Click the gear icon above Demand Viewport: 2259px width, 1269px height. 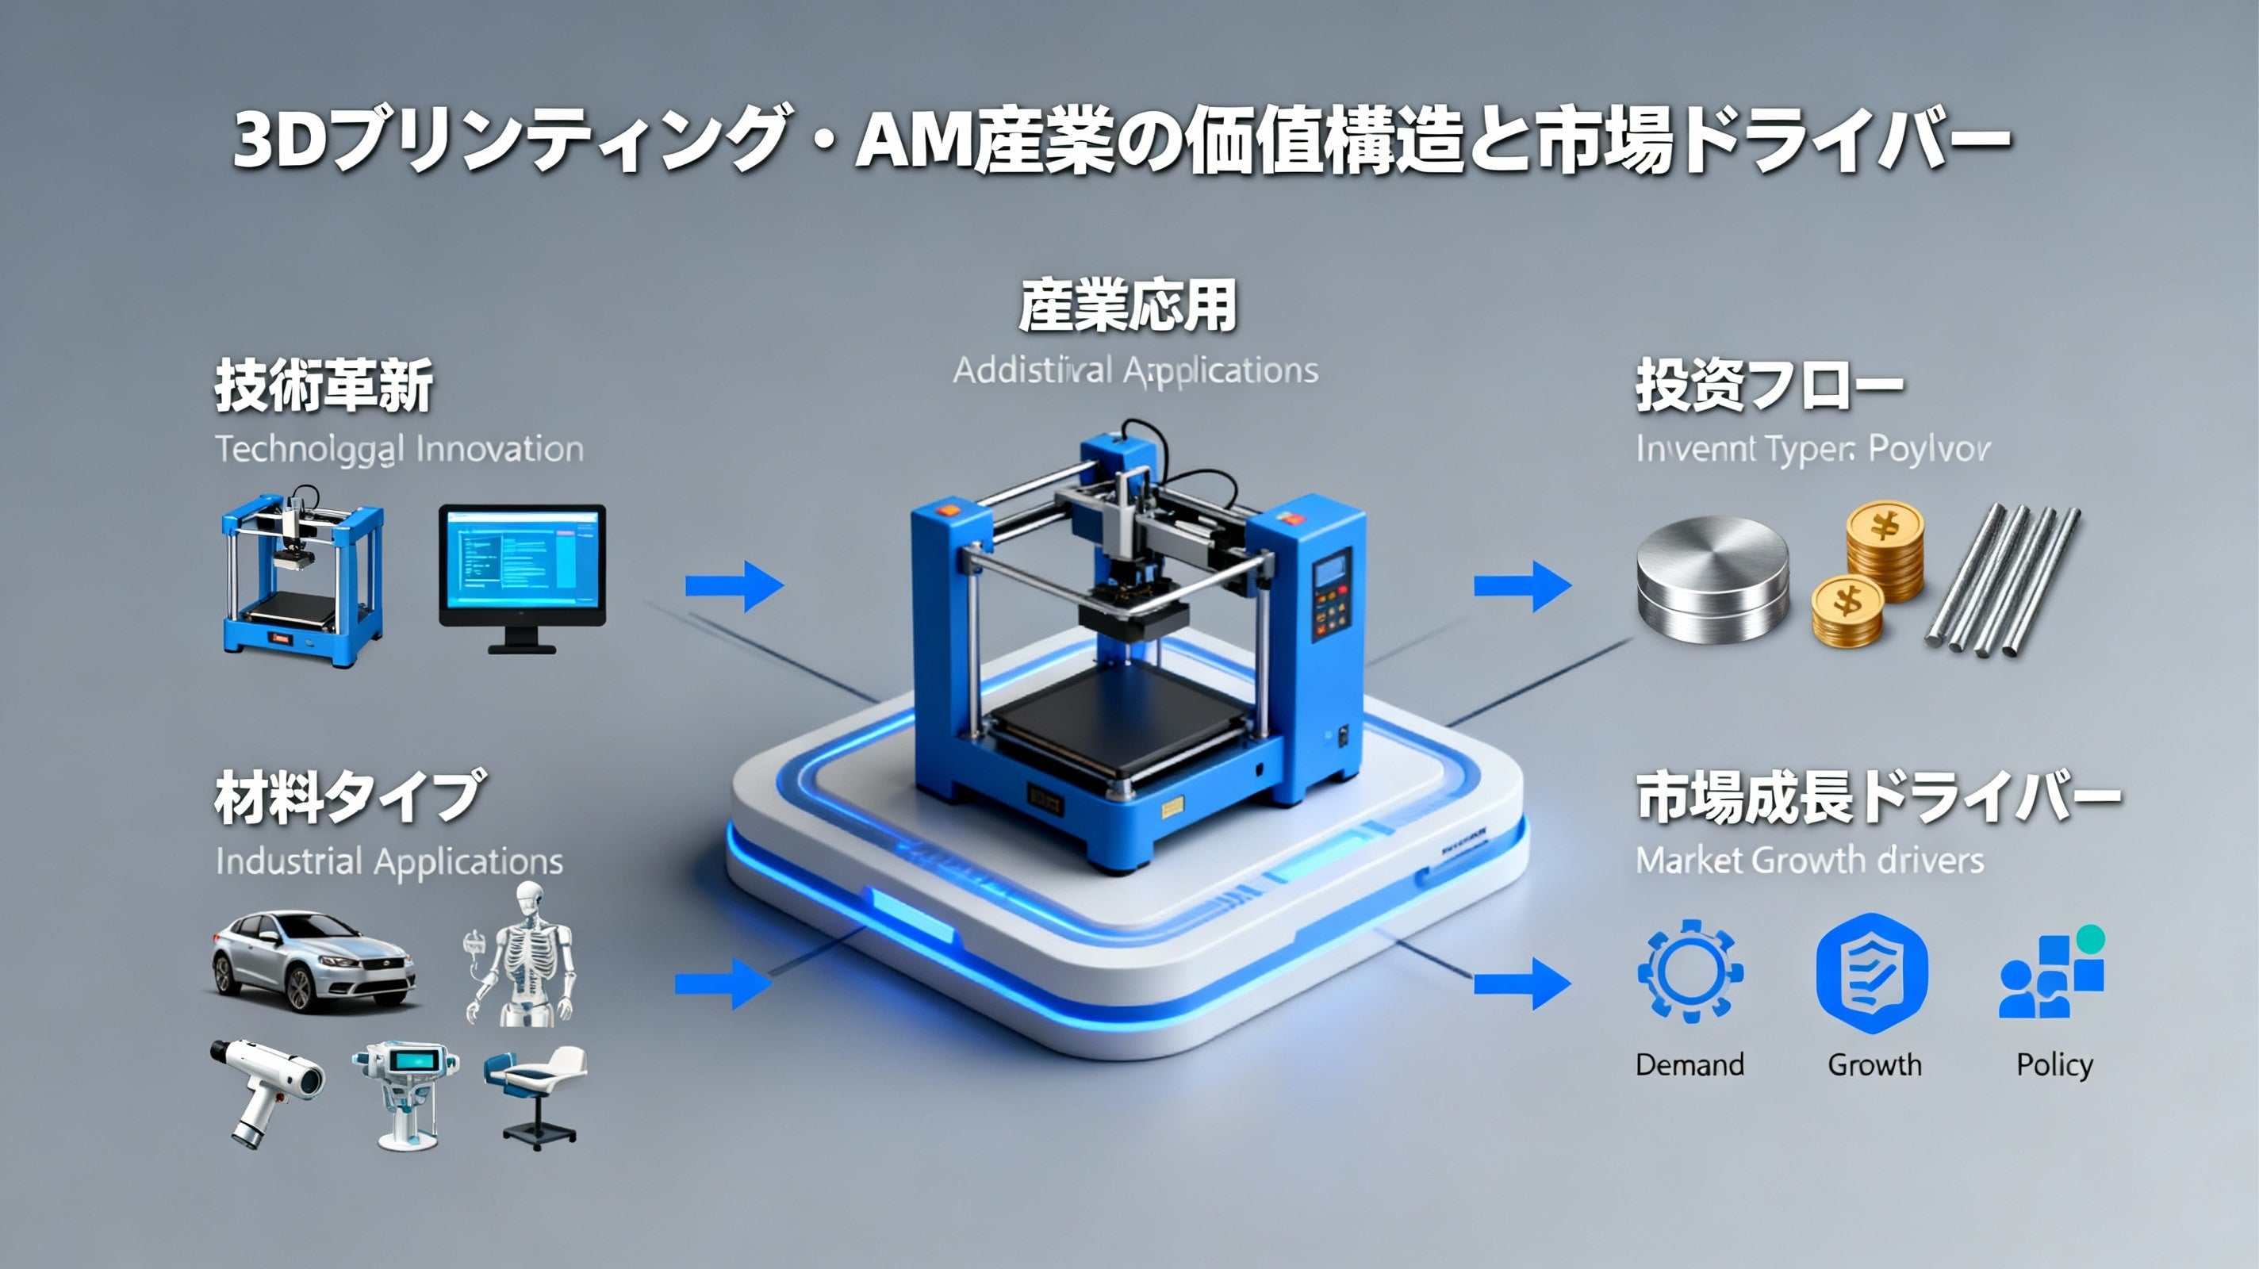coord(1689,971)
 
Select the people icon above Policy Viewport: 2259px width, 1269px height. coord(2050,976)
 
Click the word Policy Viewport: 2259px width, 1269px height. coord(2054,1064)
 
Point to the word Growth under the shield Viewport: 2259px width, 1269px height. coord(1874,1064)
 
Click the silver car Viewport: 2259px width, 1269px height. coord(313,960)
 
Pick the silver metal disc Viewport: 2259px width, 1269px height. coord(1712,578)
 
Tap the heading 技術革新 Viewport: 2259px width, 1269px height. coord(324,386)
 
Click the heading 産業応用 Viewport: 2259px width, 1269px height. coord(1128,306)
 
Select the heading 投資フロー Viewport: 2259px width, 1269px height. coord(1768,386)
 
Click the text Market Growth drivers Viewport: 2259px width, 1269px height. coord(1809,861)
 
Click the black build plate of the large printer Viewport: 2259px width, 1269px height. coord(1118,715)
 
